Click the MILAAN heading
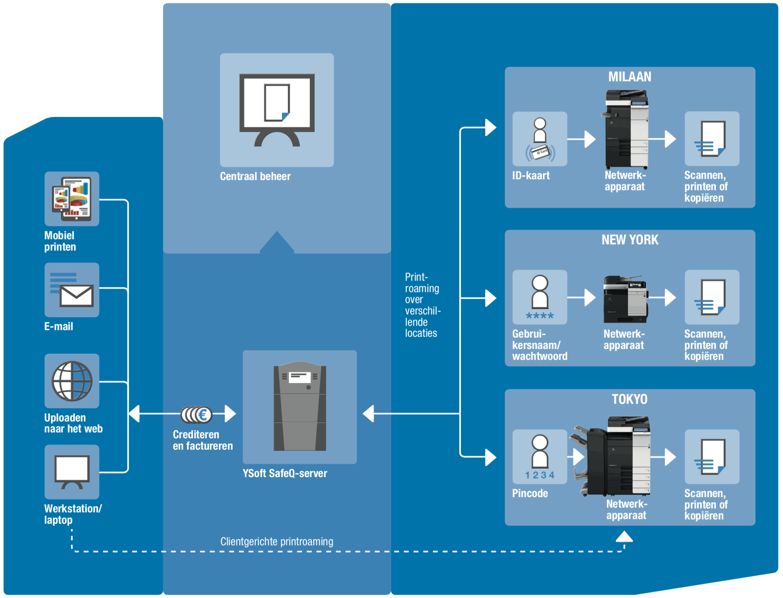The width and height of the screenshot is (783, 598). click(x=629, y=77)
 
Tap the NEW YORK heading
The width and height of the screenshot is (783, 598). click(x=630, y=240)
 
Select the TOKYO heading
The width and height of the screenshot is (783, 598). click(x=629, y=399)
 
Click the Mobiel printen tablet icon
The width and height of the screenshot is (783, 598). click(x=72, y=199)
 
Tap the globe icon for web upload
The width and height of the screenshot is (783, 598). click(x=72, y=381)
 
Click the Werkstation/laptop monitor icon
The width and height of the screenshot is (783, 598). click(x=72, y=471)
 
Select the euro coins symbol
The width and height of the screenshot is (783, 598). click(x=197, y=414)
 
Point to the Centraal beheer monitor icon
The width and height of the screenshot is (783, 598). click(x=277, y=110)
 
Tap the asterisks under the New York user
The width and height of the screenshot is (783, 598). click(x=540, y=315)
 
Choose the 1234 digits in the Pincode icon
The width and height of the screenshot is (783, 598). click(x=540, y=475)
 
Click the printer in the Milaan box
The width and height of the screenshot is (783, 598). click(x=626, y=129)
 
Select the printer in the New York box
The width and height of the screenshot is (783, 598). click(x=625, y=299)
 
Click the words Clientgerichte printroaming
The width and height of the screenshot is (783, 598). click(x=277, y=542)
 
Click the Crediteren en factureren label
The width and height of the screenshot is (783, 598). click(x=202, y=440)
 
